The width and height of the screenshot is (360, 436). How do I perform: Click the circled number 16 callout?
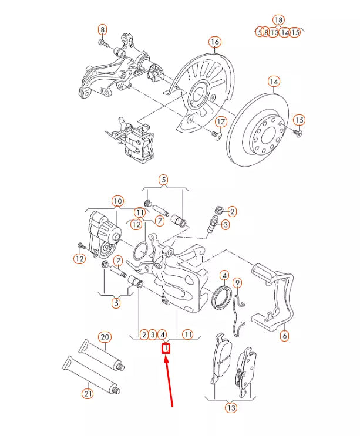(x=214, y=42)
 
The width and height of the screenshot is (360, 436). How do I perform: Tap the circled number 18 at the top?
(x=278, y=20)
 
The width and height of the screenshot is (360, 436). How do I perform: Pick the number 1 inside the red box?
(x=166, y=349)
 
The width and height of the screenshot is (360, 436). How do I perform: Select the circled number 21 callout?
(x=88, y=394)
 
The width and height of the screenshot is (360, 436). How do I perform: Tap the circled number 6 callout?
(x=285, y=336)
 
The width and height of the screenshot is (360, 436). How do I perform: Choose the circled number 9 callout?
(x=237, y=283)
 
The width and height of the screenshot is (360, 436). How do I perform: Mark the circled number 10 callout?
(x=117, y=201)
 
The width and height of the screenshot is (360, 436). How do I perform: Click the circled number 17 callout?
(x=220, y=121)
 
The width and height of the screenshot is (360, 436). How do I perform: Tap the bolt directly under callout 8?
(x=102, y=43)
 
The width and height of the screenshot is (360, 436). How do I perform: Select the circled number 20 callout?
(x=105, y=337)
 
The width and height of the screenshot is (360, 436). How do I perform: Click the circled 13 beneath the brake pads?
(x=231, y=407)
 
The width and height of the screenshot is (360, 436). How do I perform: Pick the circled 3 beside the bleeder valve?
(x=226, y=225)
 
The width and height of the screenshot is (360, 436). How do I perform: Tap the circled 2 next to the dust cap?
(x=232, y=211)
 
